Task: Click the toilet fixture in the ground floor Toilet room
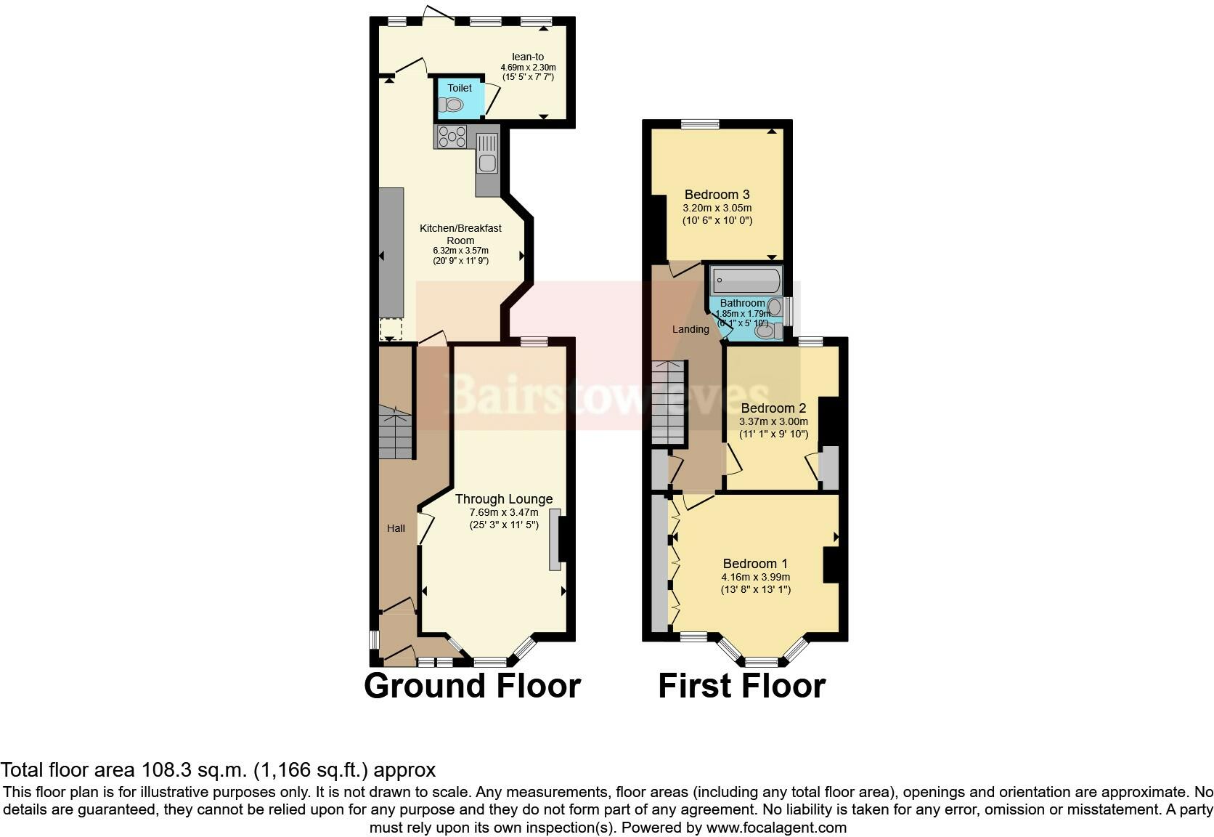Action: [x=452, y=105]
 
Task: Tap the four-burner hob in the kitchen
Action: [x=451, y=137]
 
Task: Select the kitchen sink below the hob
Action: [x=486, y=163]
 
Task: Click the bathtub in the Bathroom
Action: [x=746, y=279]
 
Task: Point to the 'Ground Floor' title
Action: [x=472, y=686]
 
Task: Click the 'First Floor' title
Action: [x=741, y=686]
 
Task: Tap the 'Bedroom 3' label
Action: [x=717, y=195]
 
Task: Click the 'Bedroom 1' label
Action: [x=755, y=564]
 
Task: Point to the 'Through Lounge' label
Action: [x=504, y=499]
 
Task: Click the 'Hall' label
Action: [x=396, y=528]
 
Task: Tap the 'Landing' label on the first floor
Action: [x=690, y=329]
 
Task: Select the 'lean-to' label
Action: [x=528, y=57]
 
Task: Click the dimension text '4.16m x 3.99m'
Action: [x=755, y=577]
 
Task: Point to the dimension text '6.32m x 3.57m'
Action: [x=460, y=251]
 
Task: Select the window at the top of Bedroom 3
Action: [x=700, y=124]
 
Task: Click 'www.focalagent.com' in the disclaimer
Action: [x=776, y=827]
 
